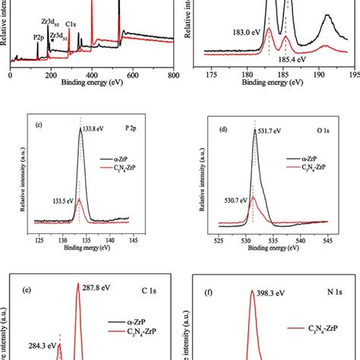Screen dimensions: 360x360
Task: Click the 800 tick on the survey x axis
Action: click(173, 76)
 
